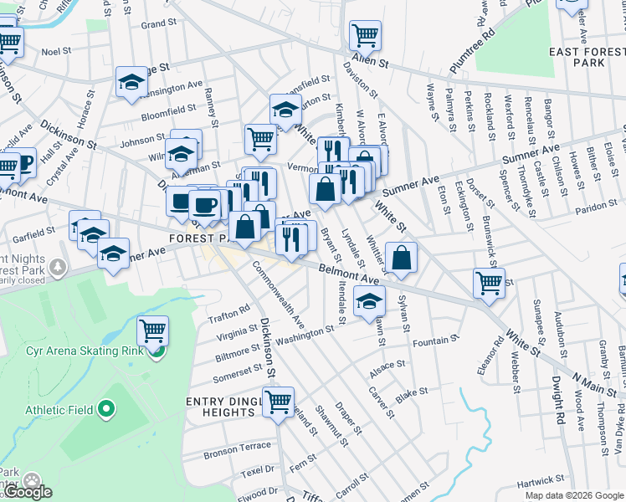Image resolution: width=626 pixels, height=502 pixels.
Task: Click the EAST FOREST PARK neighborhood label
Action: tap(588, 57)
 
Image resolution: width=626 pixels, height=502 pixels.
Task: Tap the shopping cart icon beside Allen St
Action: tap(365, 36)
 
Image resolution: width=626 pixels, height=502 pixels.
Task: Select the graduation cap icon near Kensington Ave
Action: tap(131, 82)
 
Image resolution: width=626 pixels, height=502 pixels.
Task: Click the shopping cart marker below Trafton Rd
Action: tap(152, 331)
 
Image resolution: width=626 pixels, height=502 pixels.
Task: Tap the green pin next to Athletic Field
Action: tap(105, 410)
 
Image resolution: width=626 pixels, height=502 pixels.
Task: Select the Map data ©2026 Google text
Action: tap(573, 495)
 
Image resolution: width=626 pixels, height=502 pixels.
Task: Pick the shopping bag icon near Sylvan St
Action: tap(402, 259)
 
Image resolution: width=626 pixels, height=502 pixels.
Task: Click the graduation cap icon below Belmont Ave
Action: tap(368, 302)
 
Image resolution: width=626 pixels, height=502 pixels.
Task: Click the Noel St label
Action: tap(56, 51)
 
